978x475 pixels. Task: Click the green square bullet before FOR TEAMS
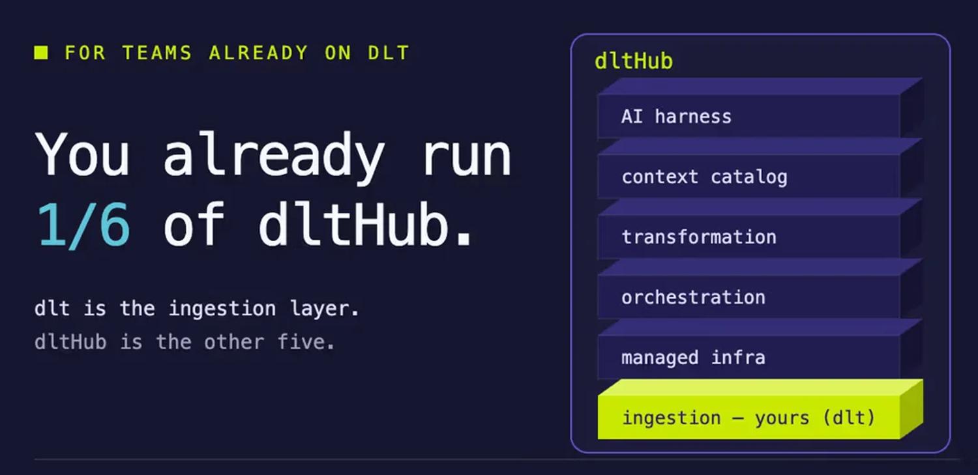click(x=41, y=53)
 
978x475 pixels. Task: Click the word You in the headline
click(x=83, y=153)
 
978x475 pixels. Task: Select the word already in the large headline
click(x=274, y=158)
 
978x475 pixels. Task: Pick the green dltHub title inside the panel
click(x=634, y=61)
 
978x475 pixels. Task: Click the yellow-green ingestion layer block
click(x=760, y=409)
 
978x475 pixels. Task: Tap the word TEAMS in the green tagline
click(x=156, y=53)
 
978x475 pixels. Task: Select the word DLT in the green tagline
click(x=389, y=53)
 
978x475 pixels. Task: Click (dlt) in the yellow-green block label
click(x=849, y=418)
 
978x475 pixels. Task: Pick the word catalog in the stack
click(x=748, y=178)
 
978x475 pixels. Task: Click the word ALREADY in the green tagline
click(x=258, y=53)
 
